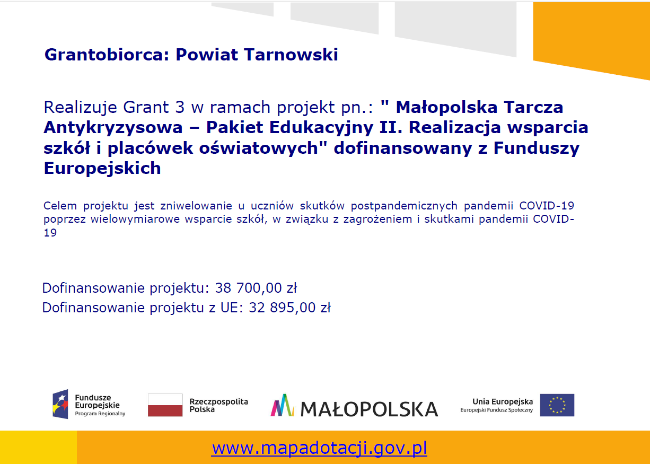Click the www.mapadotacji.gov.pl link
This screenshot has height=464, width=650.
[x=319, y=448]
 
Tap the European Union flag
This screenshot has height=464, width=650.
[x=557, y=405]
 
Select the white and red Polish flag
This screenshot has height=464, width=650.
[x=165, y=405]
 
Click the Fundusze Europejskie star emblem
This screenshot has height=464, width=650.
[x=60, y=404]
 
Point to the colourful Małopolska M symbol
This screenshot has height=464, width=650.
[x=282, y=405]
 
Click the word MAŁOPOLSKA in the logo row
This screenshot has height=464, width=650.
[x=369, y=409]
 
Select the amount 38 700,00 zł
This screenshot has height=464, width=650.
[x=256, y=288]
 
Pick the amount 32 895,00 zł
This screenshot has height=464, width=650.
[x=289, y=308]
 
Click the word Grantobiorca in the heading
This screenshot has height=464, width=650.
[x=107, y=55]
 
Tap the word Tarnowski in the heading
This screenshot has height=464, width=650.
[x=291, y=55]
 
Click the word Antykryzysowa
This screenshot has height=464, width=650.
[x=113, y=128]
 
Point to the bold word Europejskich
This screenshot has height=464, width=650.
[x=102, y=168]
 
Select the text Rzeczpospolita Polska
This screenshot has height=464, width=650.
[x=219, y=405]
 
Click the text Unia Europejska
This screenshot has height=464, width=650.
[x=503, y=401]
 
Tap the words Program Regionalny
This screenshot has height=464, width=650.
[x=100, y=414]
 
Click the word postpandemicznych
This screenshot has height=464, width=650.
[x=404, y=206]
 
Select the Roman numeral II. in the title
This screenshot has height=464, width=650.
[x=391, y=127]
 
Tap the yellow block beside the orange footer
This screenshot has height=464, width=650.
[x=38, y=447]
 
